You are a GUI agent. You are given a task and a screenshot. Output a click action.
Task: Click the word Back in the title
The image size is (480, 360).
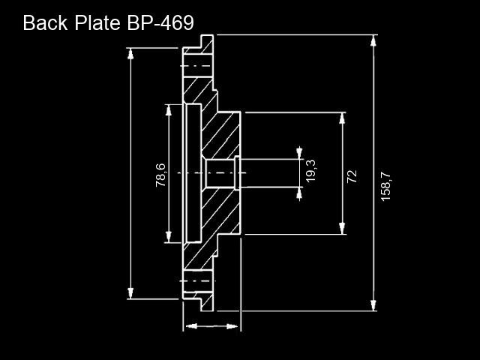pyautogui.click(x=45, y=22)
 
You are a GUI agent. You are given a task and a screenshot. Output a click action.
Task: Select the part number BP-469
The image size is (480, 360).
pyautogui.click(x=160, y=22)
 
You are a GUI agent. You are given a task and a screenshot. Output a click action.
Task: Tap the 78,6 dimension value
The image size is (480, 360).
pyautogui.click(x=160, y=175)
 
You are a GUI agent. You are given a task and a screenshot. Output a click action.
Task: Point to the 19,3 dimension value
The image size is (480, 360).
pyautogui.click(x=310, y=171)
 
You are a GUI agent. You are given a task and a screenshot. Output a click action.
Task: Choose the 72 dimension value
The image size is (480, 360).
pyautogui.click(x=352, y=176)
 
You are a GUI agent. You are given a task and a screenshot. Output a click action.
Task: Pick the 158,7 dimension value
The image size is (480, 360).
pyautogui.click(x=385, y=187)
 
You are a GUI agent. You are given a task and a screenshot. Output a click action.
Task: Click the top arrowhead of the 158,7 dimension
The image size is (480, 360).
pyautogui.click(x=373, y=40)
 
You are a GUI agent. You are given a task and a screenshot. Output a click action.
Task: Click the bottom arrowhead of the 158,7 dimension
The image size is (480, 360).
pyautogui.click(x=373, y=305)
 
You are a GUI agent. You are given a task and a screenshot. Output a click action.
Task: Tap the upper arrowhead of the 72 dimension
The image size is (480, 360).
pyautogui.click(x=342, y=118)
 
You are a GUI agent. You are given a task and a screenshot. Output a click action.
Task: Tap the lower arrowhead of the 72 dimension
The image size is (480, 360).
pyautogui.click(x=342, y=228)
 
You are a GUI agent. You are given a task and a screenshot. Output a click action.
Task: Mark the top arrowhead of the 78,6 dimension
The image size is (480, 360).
pyautogui.click(x=168, y=110)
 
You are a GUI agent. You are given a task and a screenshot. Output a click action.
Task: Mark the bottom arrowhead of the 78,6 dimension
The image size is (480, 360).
pyautogui.click(x=168, y=237)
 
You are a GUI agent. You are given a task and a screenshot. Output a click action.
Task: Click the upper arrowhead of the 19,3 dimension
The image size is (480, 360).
pyautogui.click(x=299, y=153)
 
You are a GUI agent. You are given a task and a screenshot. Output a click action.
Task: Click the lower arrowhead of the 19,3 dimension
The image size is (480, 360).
pyautogui.click(x=299, y=193)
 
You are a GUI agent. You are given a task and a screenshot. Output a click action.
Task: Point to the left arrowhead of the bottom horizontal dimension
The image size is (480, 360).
pyautogui.click(x=192, y=326)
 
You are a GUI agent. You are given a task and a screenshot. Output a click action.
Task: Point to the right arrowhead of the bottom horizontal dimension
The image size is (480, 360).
pyautogui.click(x=232, y=327)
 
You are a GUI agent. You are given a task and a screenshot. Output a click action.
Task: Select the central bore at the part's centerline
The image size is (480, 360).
pyautogui.click(x=220, y=173)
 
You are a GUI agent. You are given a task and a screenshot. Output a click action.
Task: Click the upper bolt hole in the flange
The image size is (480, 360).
pyautogui.click(x=198, y=66)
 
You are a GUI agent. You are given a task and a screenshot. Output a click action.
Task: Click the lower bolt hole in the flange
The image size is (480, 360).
pyautogui.click(x=198, y=281)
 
